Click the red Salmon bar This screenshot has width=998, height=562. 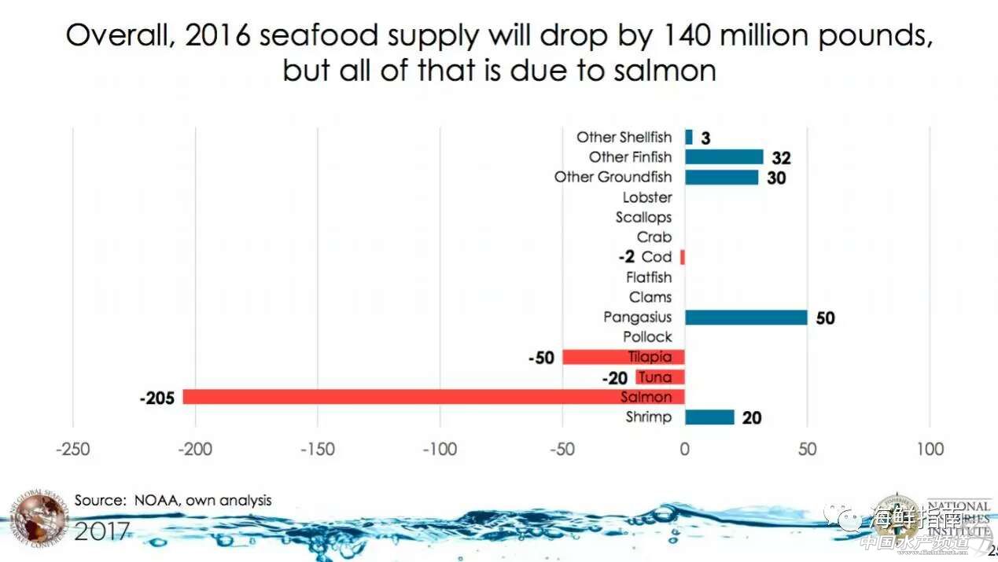433,397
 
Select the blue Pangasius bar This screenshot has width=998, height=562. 746,317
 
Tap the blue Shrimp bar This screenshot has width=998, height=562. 709,417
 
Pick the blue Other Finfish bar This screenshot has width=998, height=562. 724,156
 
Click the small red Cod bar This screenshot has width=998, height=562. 683,257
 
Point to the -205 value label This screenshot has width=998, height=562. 157,398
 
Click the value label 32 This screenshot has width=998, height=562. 781,157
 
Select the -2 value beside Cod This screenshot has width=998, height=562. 626,257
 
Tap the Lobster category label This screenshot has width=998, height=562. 647,197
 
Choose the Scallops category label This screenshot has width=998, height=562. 643,217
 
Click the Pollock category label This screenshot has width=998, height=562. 647,336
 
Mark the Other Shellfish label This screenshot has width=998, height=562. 624,138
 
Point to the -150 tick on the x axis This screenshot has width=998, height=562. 317,450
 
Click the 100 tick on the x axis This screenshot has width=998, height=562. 930,450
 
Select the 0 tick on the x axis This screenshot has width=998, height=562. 684,450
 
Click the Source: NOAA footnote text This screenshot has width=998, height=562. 173,500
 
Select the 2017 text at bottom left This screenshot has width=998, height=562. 102,531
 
